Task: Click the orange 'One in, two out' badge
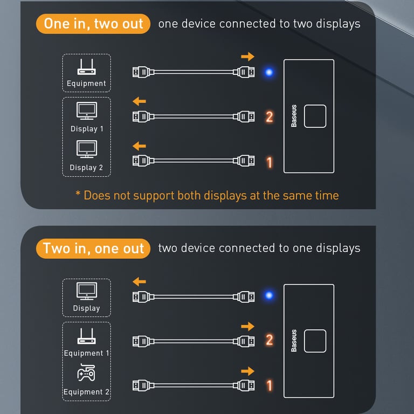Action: (x=93, y=24)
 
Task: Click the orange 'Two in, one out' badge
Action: (x=93, y=248)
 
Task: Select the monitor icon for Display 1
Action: (x=87, y=111)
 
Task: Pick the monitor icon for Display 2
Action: (x=87, y=149)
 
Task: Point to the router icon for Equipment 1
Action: (x=87, y=336)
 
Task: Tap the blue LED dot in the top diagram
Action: (x=268, y=72)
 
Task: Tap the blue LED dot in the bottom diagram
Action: (x=268, y=295)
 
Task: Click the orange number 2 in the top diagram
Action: (x=270, y=116)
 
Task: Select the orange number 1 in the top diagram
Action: (x=270, y=162)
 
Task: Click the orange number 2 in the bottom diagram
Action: (x=270, y=340)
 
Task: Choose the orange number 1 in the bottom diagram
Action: (x=270, y=385)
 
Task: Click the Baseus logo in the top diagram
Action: (x=294, y=116)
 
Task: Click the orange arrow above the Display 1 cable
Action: (x=140, y=101)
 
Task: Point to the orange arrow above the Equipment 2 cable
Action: (x=247, y=371)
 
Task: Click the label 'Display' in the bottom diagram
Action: (x=86, y=308)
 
